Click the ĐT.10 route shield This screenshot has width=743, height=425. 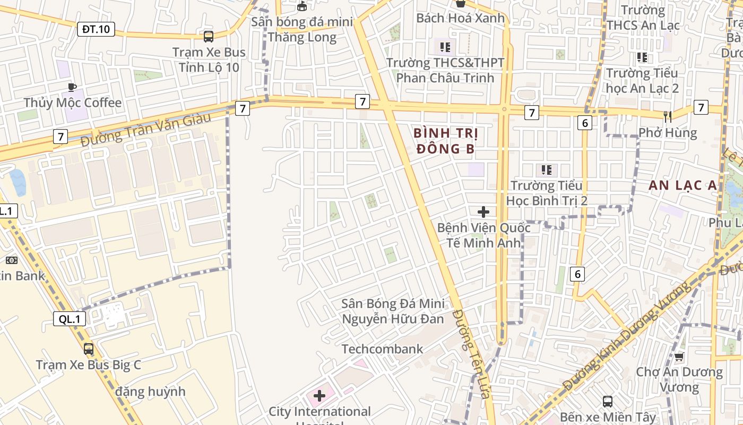[x=96, y=29]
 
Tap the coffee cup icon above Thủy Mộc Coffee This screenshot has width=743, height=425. [x=72, y=87]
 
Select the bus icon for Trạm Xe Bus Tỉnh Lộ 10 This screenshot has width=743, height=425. [x=209, y=36]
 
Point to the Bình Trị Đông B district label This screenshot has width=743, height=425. [x=445, y=141]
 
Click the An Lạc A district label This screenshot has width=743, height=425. [x=682, y=185]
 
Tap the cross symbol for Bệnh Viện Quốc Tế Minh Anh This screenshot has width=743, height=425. [x=483, y=212]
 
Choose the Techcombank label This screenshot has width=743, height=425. [x=382, y=349]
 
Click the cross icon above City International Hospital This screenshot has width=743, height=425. [x=319, y=395]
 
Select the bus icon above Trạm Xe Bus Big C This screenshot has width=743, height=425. [x=89, y=349]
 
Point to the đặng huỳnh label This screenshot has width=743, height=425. [x=150, y=392]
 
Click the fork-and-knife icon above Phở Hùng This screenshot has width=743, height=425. [x=667, y=116]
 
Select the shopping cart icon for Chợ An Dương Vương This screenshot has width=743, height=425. [x=679, y=356]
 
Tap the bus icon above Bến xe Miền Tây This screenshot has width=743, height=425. [x=608, y=402]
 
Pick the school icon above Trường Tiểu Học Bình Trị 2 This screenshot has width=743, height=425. [x=546, y=170]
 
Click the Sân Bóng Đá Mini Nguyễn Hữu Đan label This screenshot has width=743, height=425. [x=393, y=311]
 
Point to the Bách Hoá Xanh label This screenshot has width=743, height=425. [x=460, y=18]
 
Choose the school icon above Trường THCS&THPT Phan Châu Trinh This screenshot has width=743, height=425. [x=445, y=47]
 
